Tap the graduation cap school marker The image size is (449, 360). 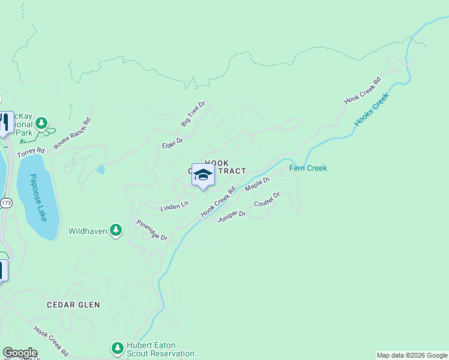[203, 175]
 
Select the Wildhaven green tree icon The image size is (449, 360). [116, 230]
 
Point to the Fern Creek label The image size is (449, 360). [308, 168]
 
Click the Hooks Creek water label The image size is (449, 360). [372, 108]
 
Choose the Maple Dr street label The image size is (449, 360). [258, 184]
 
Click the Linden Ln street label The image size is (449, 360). [175, 206]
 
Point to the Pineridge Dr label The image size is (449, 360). [151, 230]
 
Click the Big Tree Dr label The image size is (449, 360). [193, 114]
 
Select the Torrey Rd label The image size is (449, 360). [31, 153]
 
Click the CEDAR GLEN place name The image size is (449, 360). [74, 305]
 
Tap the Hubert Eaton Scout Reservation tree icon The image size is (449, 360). [117, 347]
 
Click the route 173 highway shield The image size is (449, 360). [6, 203]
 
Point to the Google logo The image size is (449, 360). [20, 353]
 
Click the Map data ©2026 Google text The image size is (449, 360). [412, 355]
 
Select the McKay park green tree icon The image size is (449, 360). [41, 124]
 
